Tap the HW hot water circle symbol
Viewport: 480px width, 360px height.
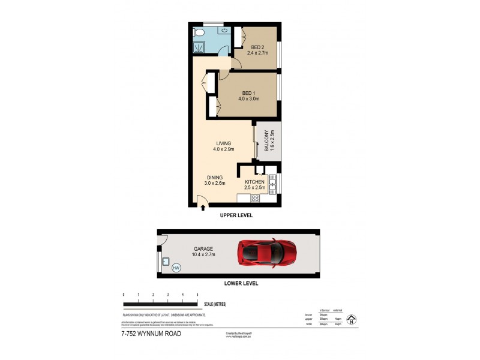pos(176,268)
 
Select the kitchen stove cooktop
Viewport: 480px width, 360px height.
pos(254,198)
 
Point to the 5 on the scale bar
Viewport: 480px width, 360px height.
pos(197,295)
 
